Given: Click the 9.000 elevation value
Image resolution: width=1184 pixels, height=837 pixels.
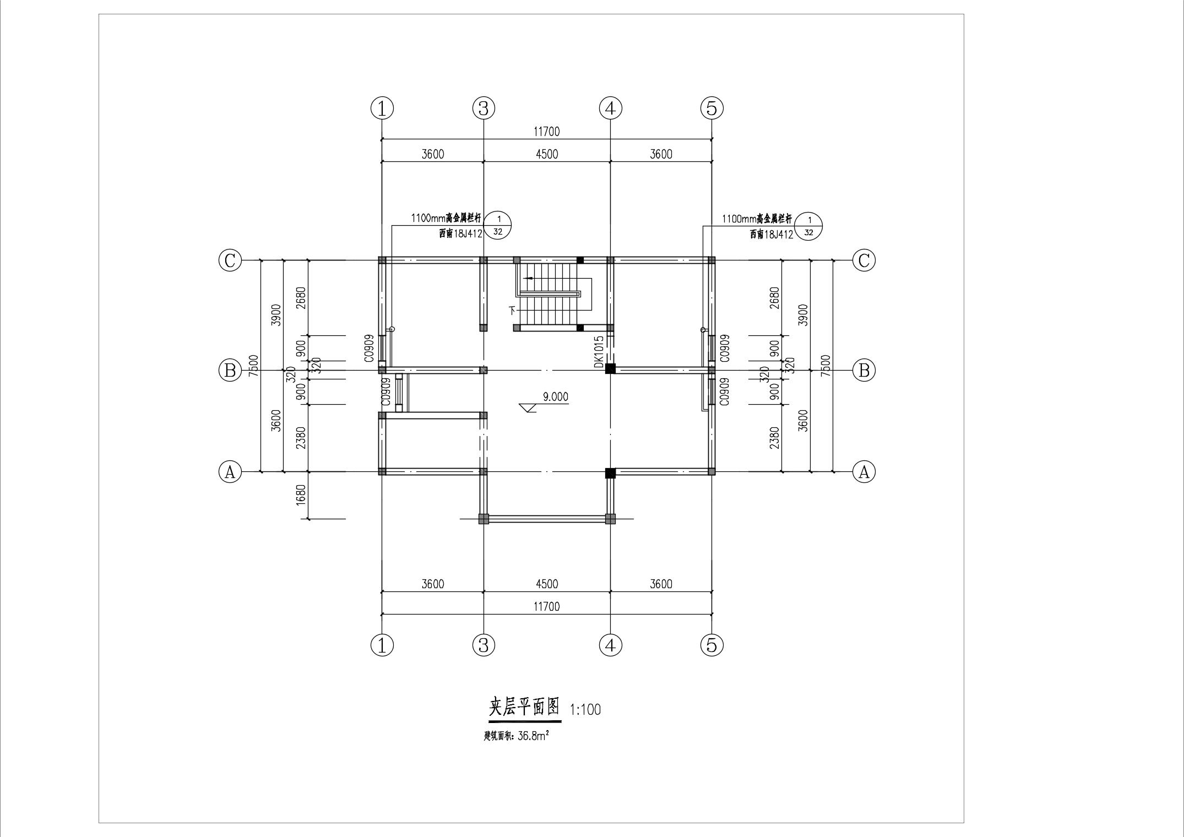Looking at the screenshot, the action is point(555,396).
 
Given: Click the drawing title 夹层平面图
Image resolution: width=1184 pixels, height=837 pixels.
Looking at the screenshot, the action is point(524,706).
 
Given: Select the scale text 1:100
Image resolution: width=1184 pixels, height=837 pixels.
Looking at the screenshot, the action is point(585,709).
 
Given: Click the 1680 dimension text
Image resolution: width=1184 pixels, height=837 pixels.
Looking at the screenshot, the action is point(301,495).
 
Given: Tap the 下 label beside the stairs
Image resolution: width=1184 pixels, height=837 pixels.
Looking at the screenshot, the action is point(513,310).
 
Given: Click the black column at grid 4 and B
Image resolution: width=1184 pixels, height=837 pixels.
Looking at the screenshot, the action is point(610,369).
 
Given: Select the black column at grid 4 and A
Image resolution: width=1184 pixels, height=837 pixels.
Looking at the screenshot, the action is point(610,472).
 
